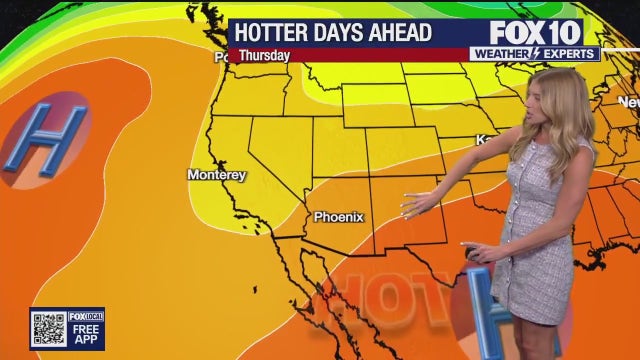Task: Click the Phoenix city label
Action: (x=339, y=216)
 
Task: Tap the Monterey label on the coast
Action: (x=216, y=175)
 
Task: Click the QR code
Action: (x=48, y=328)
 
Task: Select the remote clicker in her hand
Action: (x=477, y=253)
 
